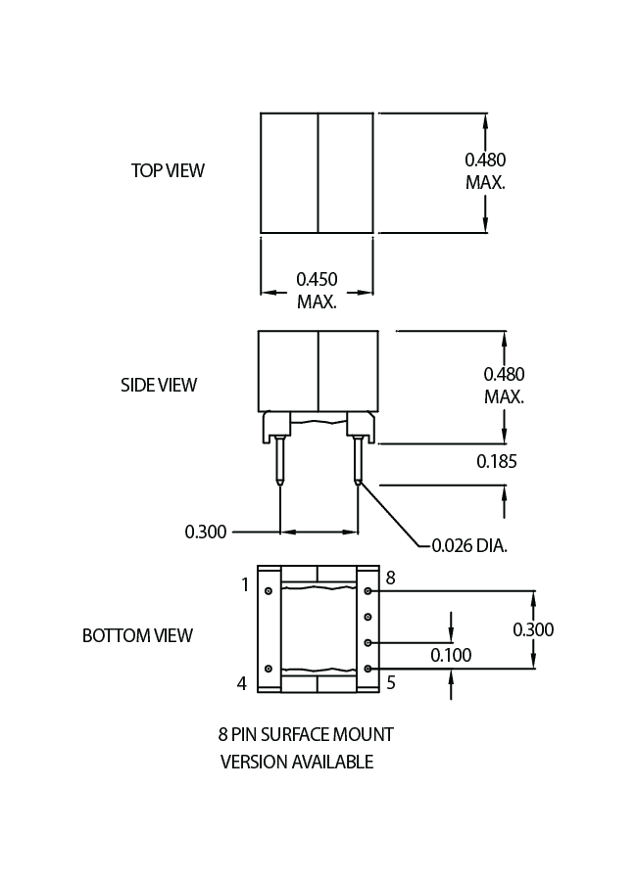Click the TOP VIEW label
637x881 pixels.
[168, 170]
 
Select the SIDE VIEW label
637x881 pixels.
[159, 385]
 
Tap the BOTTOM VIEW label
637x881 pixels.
[137, 635]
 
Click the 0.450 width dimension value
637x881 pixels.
[317, 280]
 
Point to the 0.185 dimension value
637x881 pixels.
[497, 461]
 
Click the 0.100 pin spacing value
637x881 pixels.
[451, 654]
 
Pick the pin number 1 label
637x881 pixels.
[245, 585]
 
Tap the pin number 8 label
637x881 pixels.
[390, 579]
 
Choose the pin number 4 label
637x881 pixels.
[242, 683]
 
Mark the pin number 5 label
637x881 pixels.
[390, 683]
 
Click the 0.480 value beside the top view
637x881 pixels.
[485, 159]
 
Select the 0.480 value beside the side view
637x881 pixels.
[504, 374]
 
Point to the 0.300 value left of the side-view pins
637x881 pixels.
[206, 532]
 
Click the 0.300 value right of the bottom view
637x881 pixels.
[533, 629]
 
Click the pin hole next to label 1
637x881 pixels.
[269, 591]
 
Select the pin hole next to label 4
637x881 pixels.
[269, 669]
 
